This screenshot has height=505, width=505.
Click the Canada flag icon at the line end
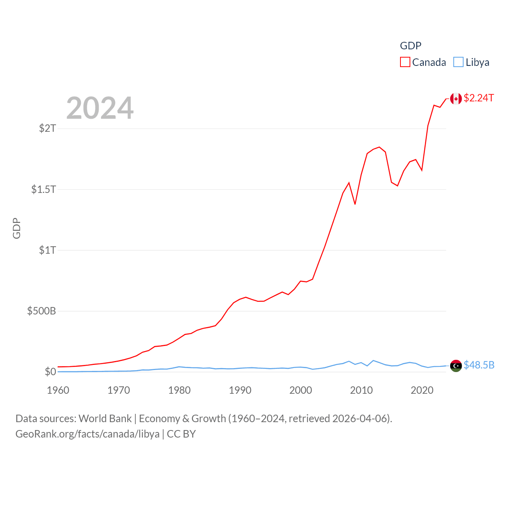456,99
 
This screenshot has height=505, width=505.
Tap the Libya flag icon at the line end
456,366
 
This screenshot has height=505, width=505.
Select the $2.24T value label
479,98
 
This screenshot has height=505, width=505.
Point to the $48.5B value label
479,365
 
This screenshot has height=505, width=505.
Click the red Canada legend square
405,62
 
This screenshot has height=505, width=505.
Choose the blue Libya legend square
458,62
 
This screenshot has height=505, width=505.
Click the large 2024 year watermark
100,108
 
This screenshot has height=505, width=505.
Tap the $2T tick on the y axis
48,128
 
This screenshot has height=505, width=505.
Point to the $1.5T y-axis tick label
44,189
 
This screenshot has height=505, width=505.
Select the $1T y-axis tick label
48,250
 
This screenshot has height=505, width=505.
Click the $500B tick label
41,311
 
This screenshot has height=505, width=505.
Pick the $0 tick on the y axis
50,372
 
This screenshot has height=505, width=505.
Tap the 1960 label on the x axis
58,390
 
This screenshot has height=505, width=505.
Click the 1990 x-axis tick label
240,390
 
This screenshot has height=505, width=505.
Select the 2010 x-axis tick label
361,390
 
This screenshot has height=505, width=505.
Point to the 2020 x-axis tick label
422,390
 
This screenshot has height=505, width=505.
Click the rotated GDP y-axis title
17,228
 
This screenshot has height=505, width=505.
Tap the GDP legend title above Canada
411,46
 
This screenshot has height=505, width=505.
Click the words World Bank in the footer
105,418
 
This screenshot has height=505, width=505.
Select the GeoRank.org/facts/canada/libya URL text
88,434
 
